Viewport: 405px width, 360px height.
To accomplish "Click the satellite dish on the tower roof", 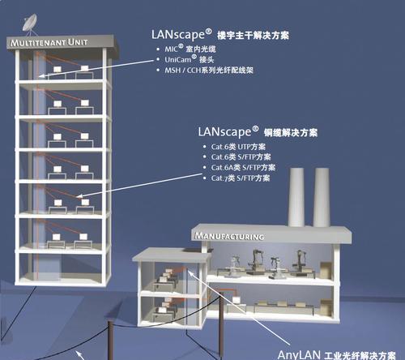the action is click(x=29, y=23).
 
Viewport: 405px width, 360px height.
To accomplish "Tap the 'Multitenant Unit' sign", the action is click(x=49, y=42).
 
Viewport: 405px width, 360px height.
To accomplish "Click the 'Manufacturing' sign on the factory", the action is click(x=229, y=236).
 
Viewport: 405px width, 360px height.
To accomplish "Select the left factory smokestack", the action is click(x=296, y=197).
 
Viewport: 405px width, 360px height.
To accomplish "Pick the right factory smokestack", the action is click(x=322, y=197).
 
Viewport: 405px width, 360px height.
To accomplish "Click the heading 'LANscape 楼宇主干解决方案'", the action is click(x=220, y=35).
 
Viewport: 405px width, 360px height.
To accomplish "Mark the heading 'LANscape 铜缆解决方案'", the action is click(x=258, y=132).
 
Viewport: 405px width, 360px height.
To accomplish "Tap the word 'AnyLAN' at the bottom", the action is click(x=299, y=354).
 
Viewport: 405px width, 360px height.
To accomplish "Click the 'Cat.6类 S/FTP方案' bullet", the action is click(x=241, y=157).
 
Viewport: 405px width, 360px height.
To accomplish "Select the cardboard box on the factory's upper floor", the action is click(x=326, y=270).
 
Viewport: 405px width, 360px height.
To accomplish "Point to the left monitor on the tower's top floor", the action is click(x=58, y=69).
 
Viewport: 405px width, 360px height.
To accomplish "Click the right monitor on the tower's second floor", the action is click(x=84, y=103).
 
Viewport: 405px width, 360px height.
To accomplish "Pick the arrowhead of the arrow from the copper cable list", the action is click(x=79, y=196).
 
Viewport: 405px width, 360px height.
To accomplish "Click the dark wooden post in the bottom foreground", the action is click(x=111, y=341).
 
